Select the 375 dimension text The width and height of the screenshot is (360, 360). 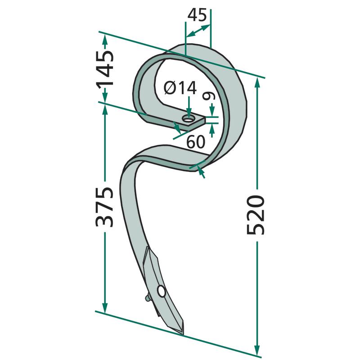click(104, 207)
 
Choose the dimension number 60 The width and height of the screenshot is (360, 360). click(196, 142)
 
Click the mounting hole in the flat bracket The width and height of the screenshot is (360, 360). click(188, 119)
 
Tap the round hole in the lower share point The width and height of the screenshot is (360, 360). click(161, 292)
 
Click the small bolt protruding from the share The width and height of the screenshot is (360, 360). click(147, 297)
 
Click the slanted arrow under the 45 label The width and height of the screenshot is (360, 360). click(198, 31)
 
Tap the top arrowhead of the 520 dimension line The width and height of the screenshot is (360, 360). click(257, 81)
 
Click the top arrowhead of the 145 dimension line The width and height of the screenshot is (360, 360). click(105, 39)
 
